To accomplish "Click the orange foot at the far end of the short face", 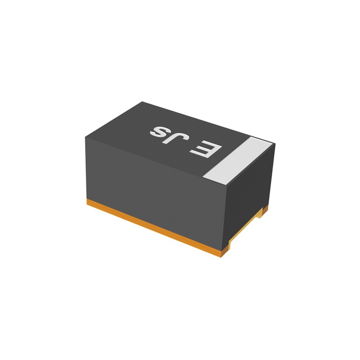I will tap(265, 208).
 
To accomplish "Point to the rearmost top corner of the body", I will tap(142, 102).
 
